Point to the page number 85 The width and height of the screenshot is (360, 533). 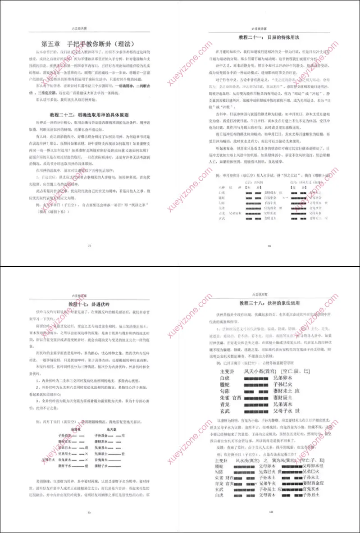pos(269,246)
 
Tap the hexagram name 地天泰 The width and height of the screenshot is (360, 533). pos(108,430)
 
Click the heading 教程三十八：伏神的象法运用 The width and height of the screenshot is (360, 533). pos(269,303)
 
